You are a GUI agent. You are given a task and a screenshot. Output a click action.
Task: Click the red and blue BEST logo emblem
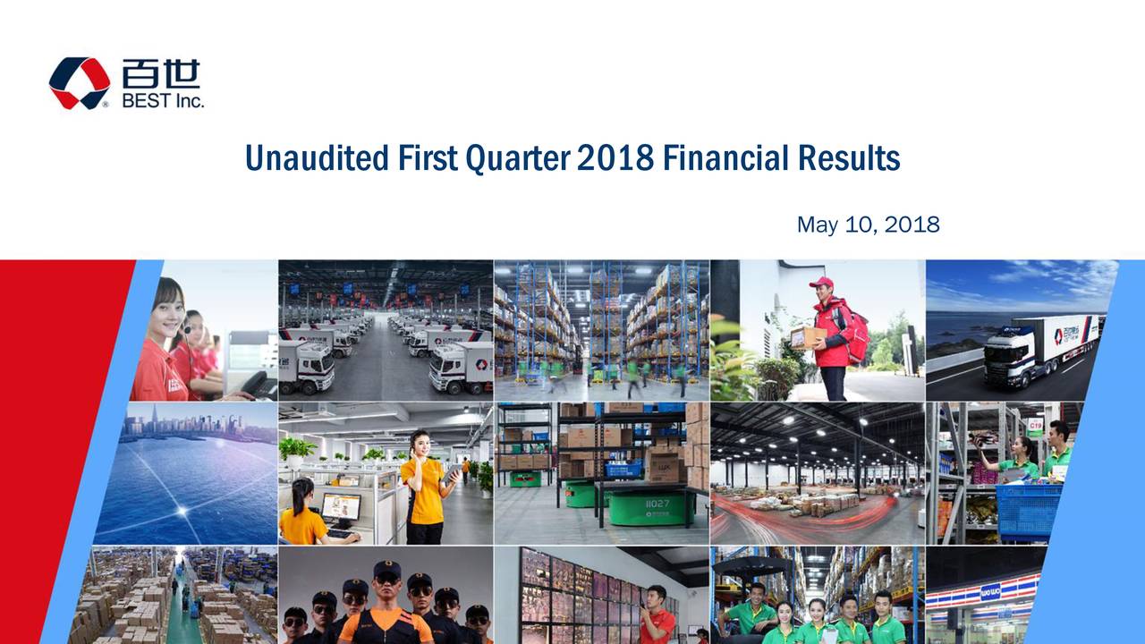(x=80, y=83)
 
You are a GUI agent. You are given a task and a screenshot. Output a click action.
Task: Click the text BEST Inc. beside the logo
(x=163, y=101)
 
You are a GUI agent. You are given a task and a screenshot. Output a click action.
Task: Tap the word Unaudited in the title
(x=317, y=158)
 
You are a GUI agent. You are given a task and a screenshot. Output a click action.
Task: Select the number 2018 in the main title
(x=615, y=158)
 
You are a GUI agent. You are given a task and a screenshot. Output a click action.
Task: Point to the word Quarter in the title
(x=517, y=159)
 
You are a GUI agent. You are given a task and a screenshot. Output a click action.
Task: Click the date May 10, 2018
(x=868, y=225)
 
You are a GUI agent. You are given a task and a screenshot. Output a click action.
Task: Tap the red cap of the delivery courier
(x=821, y=283)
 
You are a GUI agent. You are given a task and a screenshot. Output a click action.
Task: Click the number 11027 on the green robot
(x=657, y=504)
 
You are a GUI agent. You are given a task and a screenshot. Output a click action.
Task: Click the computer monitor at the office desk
(x=341, y=508)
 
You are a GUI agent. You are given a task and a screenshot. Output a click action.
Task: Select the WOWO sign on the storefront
(x=990, y=594)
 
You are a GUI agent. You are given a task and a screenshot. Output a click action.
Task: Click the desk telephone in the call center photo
(x=259, y=385)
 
